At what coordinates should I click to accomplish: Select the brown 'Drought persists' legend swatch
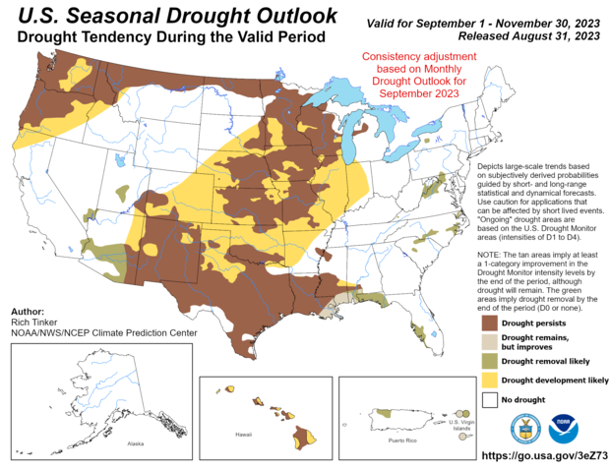tap(489, 322)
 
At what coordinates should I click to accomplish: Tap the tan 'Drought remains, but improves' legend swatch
tap(489, 341)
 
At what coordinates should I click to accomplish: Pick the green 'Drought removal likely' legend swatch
tap(489, 361)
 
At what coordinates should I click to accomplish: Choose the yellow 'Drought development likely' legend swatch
tap(489, 381)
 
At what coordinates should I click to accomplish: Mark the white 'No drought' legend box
tap(489, 400)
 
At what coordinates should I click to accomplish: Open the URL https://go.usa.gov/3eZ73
tap(541, 456)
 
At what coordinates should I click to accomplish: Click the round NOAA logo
tap(564, 428)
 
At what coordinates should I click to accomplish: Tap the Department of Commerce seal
tap(524, 428)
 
